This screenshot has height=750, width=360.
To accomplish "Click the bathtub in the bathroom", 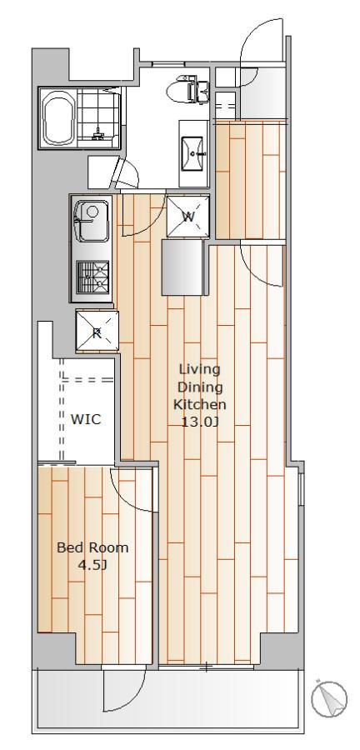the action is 59,117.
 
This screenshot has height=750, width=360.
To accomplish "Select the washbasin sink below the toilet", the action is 193,153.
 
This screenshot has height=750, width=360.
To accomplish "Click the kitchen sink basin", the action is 92,222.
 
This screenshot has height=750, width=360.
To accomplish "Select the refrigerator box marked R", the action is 97,331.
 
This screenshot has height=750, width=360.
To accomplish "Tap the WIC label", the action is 86,419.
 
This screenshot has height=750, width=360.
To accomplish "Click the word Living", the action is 199,369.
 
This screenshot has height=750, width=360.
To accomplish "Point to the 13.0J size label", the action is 199,422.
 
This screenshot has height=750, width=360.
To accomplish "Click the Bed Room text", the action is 92,547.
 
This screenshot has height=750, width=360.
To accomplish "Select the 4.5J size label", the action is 92,565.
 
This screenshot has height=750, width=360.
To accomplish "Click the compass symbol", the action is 329,699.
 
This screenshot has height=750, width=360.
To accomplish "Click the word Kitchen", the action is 199,404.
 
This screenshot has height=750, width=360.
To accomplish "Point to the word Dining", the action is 200,387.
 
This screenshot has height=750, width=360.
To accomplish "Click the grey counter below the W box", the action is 182,267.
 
